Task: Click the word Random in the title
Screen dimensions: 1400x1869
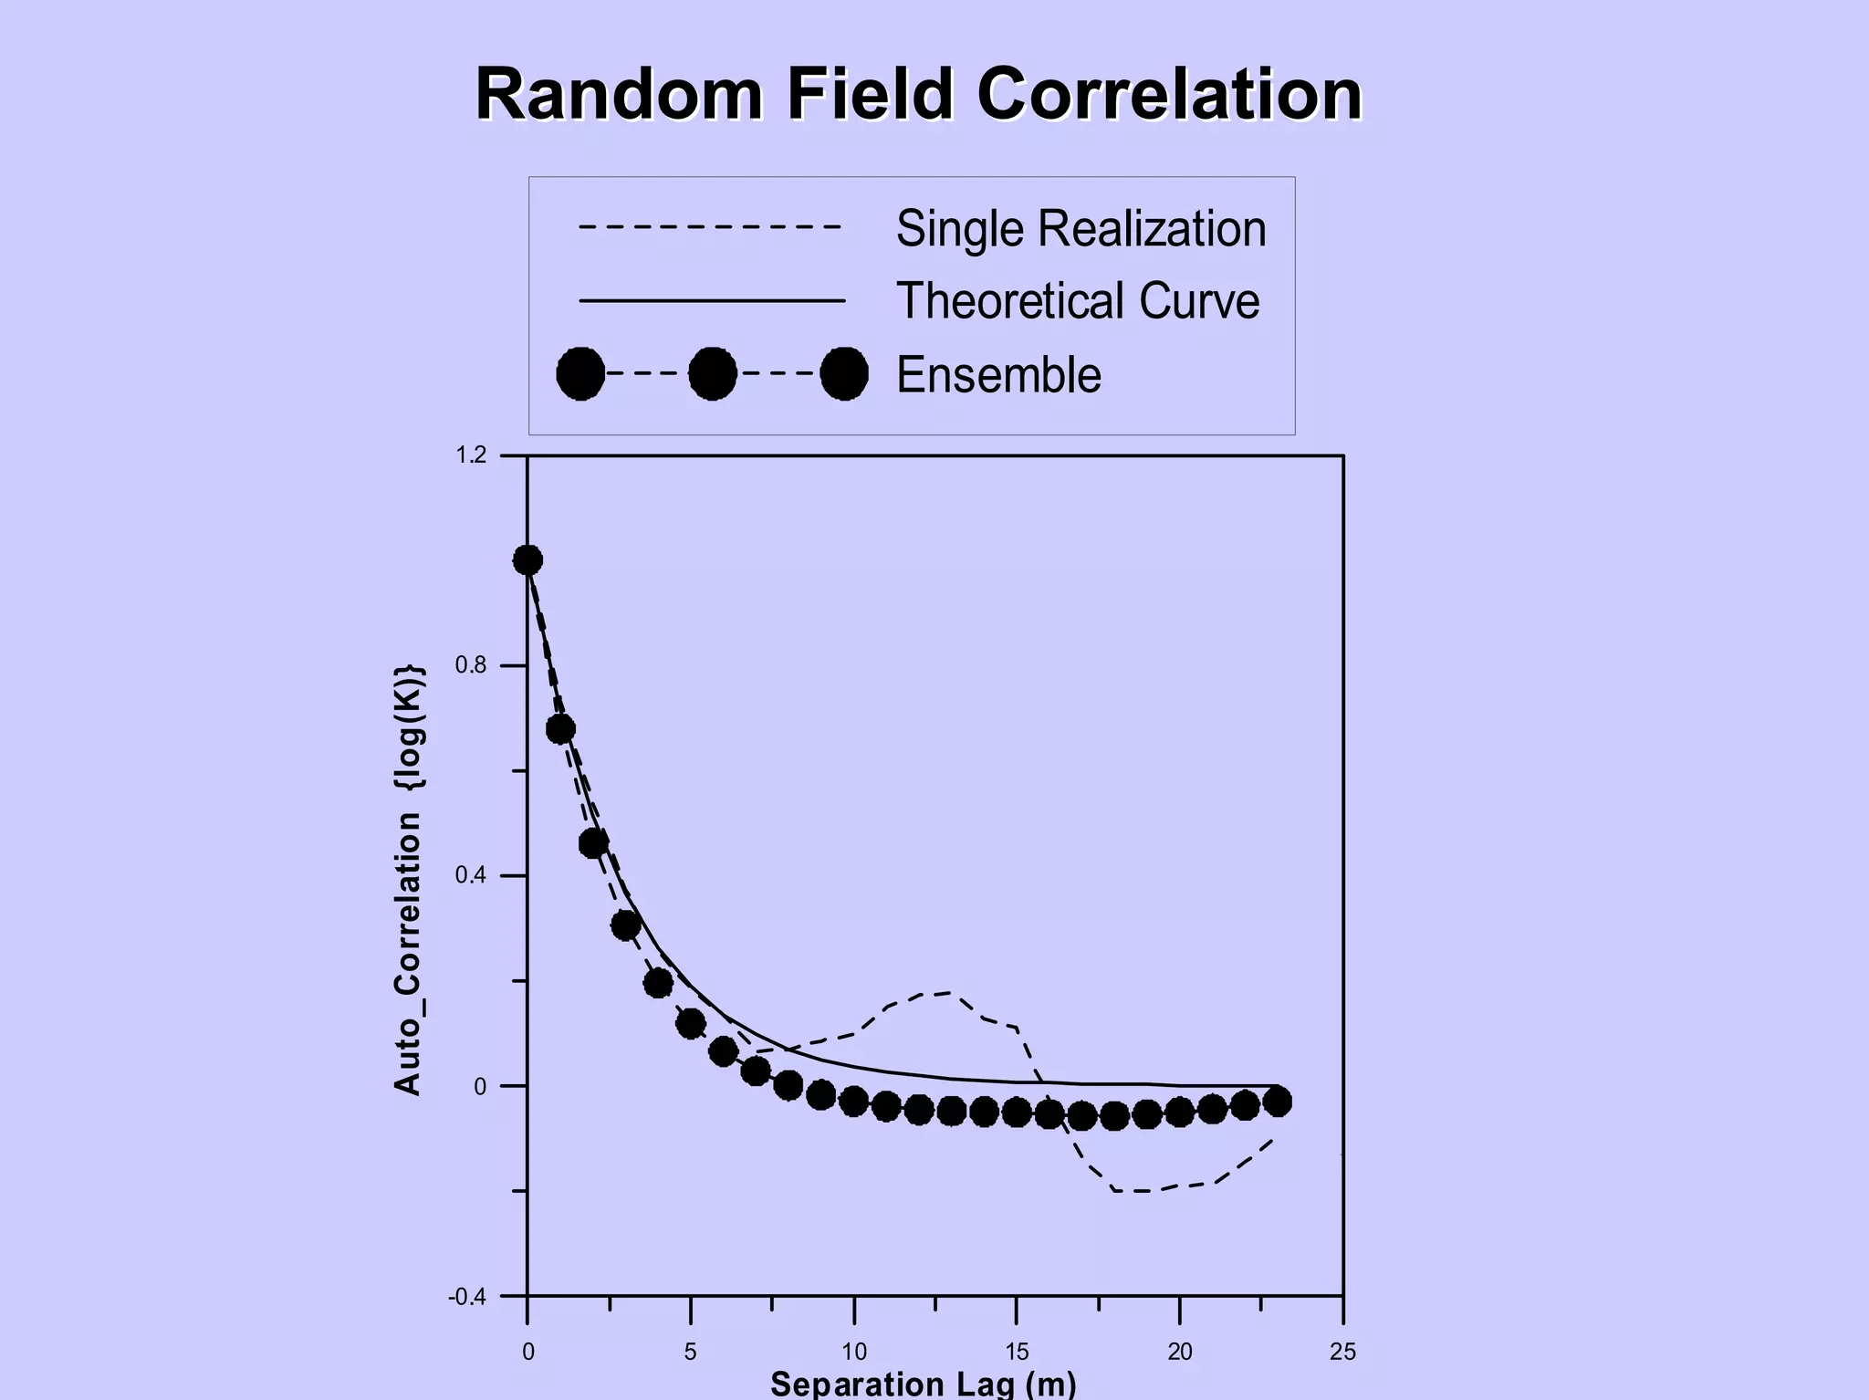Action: pos(619,94)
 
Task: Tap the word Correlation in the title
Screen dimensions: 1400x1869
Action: pos(1169,94)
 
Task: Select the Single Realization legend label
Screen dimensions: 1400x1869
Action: pos(1081,228)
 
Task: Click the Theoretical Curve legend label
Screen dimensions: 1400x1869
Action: pos(1077,301)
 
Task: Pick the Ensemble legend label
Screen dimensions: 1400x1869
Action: pos(998,375)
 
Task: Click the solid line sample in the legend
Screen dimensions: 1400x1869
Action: pos(712,300)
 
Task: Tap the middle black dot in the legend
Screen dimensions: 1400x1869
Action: pos(712,373)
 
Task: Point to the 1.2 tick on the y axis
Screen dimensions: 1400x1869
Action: pos(471,454)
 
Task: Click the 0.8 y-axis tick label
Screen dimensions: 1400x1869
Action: pos(471,665)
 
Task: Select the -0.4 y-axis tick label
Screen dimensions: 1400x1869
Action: pos(466,1297)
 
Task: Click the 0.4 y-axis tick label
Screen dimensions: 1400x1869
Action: pos(471,875)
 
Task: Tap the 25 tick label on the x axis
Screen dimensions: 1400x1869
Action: pos(1342,1352)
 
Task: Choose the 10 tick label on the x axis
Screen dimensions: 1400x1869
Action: pos(853,1352)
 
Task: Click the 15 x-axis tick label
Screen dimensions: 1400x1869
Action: pos(1017,1352)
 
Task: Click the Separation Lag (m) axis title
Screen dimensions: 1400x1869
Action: pos(923,1384)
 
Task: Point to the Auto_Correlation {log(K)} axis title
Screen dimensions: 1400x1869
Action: pos(408,880)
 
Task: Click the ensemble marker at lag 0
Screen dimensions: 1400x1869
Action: pos(527,560)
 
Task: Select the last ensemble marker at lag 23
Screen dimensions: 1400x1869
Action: pos(1278,1102)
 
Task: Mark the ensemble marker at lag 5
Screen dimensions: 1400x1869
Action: pos(691,1023)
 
